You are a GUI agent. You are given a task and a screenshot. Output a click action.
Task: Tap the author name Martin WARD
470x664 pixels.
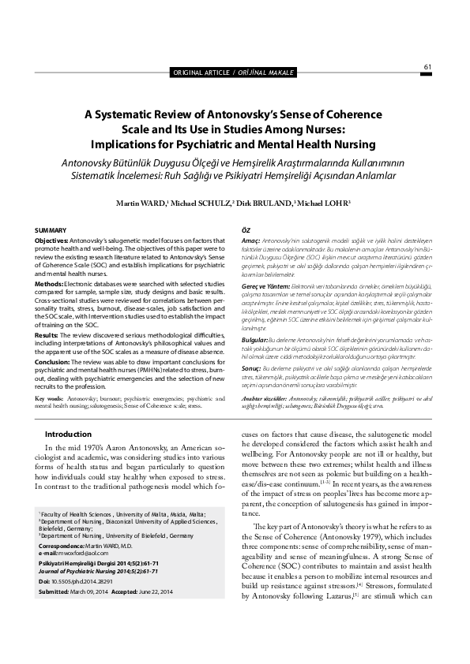[141, 203]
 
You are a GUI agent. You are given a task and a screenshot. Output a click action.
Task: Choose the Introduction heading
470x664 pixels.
[68, 434]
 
